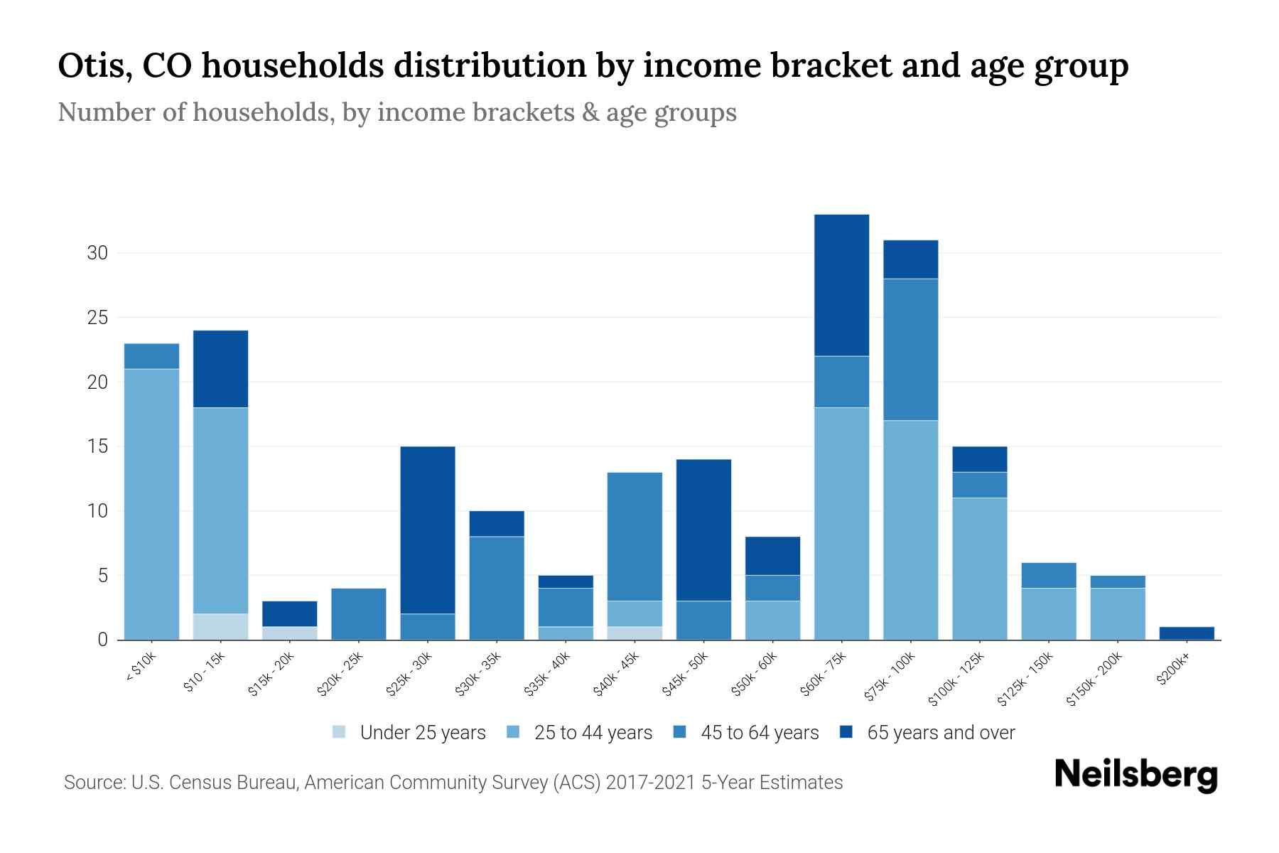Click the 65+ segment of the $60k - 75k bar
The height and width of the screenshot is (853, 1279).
coord(841,285)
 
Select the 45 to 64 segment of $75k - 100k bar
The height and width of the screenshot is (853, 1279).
coord(910,349)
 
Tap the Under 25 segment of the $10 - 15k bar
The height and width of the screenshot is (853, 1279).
coord(220,626)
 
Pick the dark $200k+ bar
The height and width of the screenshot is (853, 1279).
coord(1187,633)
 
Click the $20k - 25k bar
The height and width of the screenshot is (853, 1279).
coord(359,613)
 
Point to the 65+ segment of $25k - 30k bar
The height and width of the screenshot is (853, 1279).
coord(428,530)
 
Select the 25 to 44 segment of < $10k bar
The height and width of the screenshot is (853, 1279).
coord(151,504)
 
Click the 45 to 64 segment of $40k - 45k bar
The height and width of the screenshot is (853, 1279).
coord(635,536)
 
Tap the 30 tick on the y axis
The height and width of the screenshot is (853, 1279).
coord(97,253)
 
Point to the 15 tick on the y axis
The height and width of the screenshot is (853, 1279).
coord(97,446)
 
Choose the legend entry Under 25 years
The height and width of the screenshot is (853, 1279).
coord(422,733)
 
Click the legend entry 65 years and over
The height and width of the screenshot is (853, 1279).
coord(940,733)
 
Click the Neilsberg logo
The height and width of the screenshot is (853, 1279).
coord(1135,775)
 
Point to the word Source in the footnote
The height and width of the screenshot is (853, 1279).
coord(93,783)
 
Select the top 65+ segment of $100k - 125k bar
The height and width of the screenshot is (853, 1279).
coord(979,459)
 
